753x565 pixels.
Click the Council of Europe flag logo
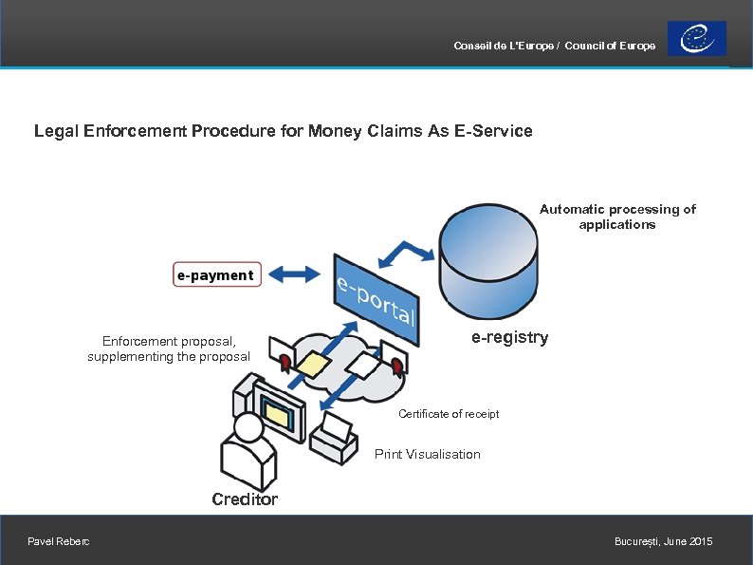(697, 39)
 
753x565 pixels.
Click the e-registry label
(509, 338)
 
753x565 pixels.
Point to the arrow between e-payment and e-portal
(295, 275)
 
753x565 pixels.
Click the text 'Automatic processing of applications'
(617, 217)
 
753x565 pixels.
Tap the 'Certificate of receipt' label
(449, 414)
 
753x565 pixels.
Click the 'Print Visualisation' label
(428, 454)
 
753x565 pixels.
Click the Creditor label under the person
(245, 499)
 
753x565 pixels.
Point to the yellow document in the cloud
(312, 364)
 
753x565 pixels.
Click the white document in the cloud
(361, 364)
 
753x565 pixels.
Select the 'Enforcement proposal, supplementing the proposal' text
(169, 348)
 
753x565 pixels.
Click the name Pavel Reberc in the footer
(59, 541)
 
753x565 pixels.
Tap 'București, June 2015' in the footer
(663, 541)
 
